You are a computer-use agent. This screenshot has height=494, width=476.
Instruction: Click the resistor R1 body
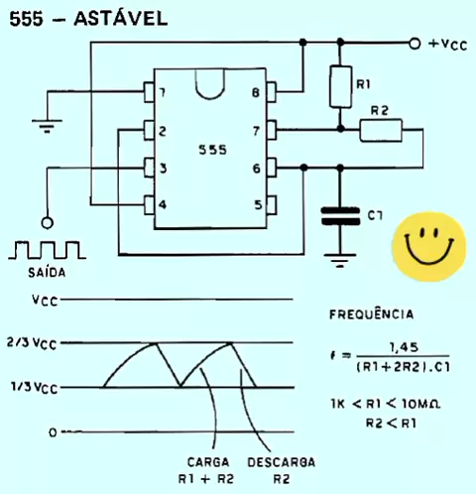pyautogui.click(x=340, y=86)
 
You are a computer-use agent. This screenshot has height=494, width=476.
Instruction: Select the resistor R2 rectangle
pyautogui.click(x=381, y=130)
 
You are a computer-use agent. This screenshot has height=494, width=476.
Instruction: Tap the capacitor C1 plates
pyautogui.click(x=340, y=216)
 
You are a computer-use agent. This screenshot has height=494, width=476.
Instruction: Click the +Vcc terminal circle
pyautogui.click(x=415, y=44)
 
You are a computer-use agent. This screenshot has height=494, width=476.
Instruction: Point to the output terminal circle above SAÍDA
pyautogui.click(x=47, y=222)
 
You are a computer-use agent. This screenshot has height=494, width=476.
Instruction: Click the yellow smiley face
pyautogui.click(x=429, y=246)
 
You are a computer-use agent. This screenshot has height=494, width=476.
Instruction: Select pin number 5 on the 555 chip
pyautogui.click(x=258, y=205)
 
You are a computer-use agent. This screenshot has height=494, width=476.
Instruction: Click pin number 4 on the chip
pyautogui.click(x=163, y=205)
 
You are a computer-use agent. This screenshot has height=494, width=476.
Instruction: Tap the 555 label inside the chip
pyautogui.click(x=212, y=150)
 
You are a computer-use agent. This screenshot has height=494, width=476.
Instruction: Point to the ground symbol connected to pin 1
pyautogui.click(x=47, y=126)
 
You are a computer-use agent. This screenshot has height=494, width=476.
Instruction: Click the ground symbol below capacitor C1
pyautogui.click(x=340, y=260)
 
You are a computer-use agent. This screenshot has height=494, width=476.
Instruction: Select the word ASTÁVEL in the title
pyautogui.click(x=121, y=18)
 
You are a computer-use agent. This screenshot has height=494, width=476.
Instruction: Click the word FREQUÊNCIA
pyautogui.click(x=372, y=314)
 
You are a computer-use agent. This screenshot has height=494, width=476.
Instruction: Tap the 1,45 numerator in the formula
pyautogui.click(x=404, y=347)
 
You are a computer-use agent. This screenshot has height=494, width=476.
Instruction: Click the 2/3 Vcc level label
pyautogui.click(x=32, y=343)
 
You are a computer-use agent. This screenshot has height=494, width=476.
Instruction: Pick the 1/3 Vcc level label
pyautogui.click(x=34, y=387)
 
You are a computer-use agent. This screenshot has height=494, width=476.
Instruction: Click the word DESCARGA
pyautogui.click(x=282, y=462)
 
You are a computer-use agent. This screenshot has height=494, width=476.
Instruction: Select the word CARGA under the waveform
pyautogui.click(x=208, y=462)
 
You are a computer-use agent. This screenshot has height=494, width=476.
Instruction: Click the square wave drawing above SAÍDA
pyautogui.click(x=47, y=250)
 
